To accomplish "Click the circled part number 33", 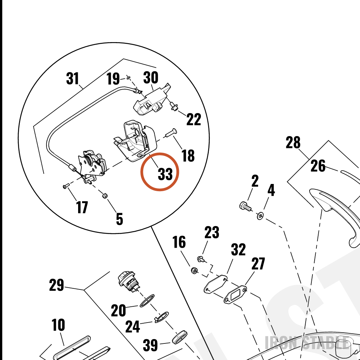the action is coord(165,174).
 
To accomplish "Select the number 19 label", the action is coord(113,78).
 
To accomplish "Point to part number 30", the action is coord(150,77).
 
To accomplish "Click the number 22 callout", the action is coord(194,119).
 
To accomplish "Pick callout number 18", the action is coord(188,156).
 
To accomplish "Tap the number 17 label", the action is coord(82,207).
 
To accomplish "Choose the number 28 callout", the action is coord(293,142).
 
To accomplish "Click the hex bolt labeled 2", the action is coord(245,206).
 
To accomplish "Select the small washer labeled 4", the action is coord(260,216).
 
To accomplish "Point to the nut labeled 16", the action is coord(194,271).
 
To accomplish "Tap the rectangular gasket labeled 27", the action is coord(235,294).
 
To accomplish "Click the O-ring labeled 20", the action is coord(147,301).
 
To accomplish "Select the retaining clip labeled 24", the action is coord(161,317).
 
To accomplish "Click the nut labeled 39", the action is coord(180,337).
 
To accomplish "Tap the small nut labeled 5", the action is coord(105,195).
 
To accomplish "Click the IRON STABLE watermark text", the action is coord(307,343).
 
